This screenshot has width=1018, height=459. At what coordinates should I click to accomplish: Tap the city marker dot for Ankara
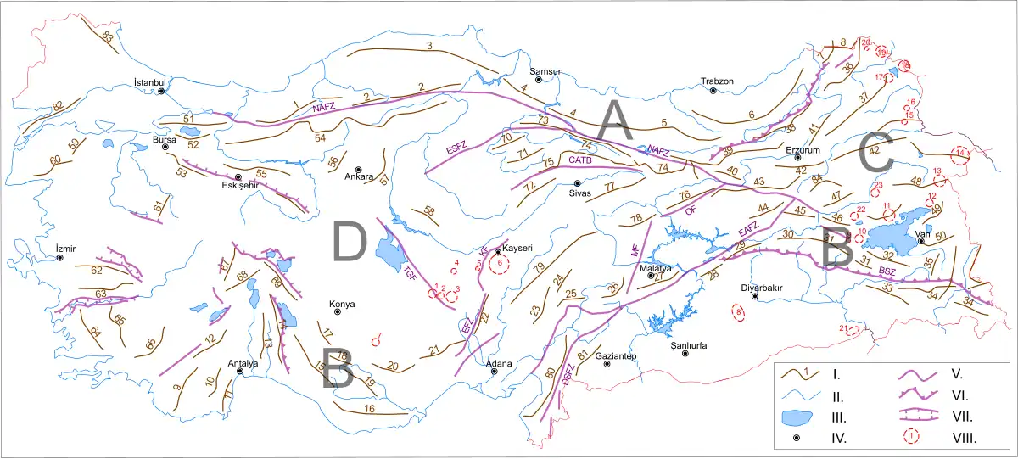(358, 169)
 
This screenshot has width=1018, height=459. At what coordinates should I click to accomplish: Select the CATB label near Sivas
(580, 160)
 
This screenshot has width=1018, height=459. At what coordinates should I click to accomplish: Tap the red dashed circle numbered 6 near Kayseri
(500, 264)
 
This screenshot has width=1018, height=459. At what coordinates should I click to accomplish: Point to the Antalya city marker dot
(240, 372)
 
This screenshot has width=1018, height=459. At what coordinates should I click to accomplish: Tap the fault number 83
(107, 37)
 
